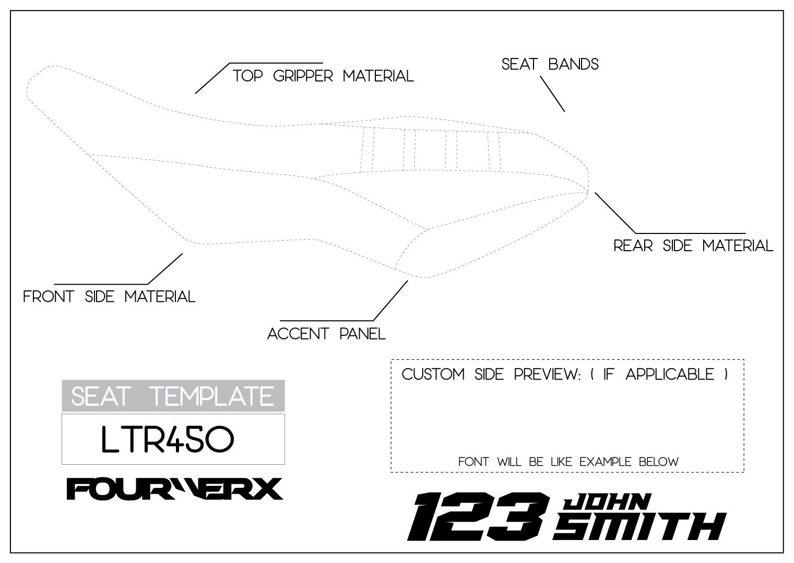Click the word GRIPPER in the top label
(303, 76)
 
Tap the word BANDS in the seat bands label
(574, 64)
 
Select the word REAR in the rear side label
(633, 245)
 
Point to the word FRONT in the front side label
(48, 297)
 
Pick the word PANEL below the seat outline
(362, 334)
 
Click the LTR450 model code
(167, 440)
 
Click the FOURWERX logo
(174, 489)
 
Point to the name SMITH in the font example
(639, 526)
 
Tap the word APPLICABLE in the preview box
(670, 374)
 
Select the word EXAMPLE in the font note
(606, 462)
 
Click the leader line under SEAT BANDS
(552, 94)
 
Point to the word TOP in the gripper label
(247, 76)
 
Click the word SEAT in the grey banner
(99, 396)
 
